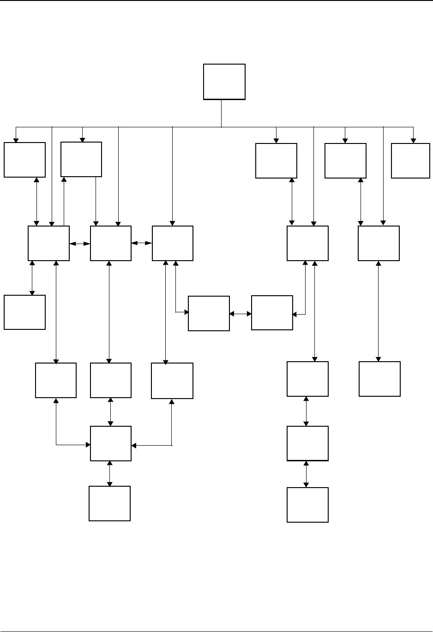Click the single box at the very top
[x=224, y=82]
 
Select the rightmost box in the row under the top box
[x=410, y=161]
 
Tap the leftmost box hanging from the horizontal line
[x=24, y=160]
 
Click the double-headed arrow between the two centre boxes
[x=241, y=314]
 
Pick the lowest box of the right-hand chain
[x=307, y=505]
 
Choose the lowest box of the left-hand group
[x=109, y=503]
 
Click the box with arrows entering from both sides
[x=111, y=443]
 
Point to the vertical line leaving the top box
[x=222, y=113]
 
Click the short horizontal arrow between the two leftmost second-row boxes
[x=80, y=243]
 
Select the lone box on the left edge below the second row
[x=24, y=312]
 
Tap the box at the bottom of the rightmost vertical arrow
[x=379, y=379]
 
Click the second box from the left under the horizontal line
[x=81, y=159]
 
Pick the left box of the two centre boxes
[x=209, y=314]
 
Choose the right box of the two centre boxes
[x=272, y=313]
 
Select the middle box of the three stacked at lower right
[x=307, y=443]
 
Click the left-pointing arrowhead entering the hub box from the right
[x=134, y=446]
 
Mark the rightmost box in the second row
[x=379, y=243]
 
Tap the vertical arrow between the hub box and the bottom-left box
[x=109, y=473]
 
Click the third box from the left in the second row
[x=173, y=243]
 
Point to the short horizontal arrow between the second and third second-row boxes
[x=142, y=243]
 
